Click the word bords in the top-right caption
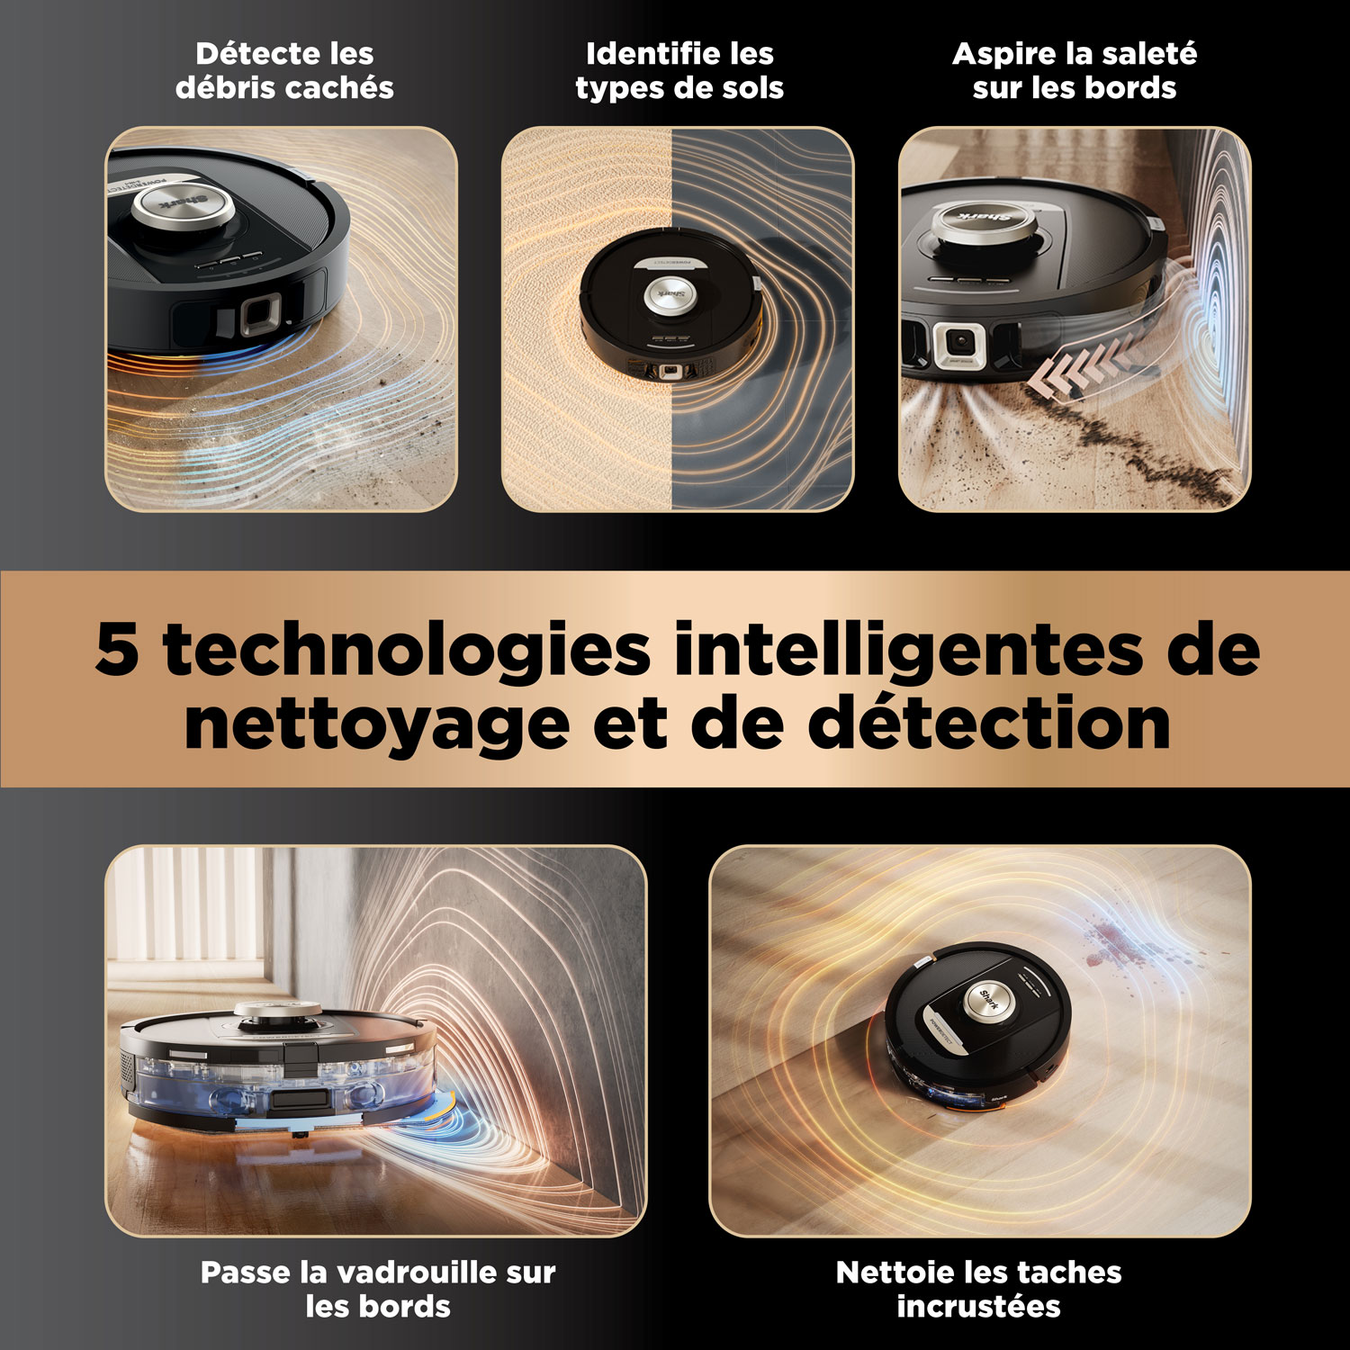coord(1129,88)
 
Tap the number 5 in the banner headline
coord(117,648)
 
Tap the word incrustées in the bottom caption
coord(978,1306)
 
